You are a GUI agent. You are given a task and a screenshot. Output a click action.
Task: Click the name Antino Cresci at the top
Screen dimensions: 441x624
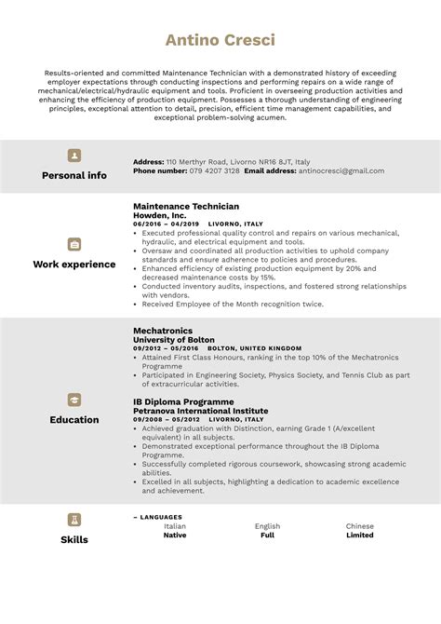pyautogui.click(x=220, y=40)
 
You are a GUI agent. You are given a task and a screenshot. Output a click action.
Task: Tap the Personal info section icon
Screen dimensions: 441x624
pyautogui.click(x=74, y=156)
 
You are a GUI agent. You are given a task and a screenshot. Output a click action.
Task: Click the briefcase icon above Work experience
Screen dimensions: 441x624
pyautogui.click(x=74, y=244)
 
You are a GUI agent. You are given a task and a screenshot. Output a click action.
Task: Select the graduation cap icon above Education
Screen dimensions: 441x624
pyautogui.click(x=74, y=400)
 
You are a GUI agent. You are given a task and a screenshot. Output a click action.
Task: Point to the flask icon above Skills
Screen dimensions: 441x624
pyautogui.click(x=74, y=520)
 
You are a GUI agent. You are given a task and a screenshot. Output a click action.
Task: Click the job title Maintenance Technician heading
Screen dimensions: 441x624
pyautogui.click(x=186, y=206)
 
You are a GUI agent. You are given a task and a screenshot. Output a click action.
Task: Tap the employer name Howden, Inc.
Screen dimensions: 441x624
pyautogui.click(x=160, y=215)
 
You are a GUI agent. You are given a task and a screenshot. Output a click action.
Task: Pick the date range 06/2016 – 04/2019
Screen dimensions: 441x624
pyautogui.click(x=167, y=224)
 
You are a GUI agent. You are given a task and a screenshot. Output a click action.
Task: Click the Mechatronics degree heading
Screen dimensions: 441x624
pyautogui.click(x=163, y=330)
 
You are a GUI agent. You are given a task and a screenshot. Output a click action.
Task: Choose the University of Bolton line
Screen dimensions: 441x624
pyautogui.click(x=175, y=339)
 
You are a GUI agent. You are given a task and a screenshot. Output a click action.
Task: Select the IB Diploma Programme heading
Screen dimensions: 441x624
pyautogui.click(x=183, y=401)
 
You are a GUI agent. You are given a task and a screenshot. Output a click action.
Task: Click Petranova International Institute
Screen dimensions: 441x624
pyautogui.click(x=200, y=411)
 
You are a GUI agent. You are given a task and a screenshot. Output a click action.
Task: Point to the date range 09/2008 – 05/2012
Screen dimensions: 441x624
pyautogui.click(x=167, y=420)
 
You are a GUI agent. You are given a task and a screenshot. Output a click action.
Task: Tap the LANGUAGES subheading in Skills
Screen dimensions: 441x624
pyautogui.click(x=160, y=517)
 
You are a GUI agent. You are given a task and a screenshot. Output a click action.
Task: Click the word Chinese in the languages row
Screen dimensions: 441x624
pyautogui.click(x=359, y=526)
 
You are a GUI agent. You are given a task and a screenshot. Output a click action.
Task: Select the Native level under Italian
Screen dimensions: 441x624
pyautogui.click(x=175, y=536)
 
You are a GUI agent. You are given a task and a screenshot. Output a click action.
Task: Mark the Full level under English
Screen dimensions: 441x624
pyautogui.click(x=267, y=536)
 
